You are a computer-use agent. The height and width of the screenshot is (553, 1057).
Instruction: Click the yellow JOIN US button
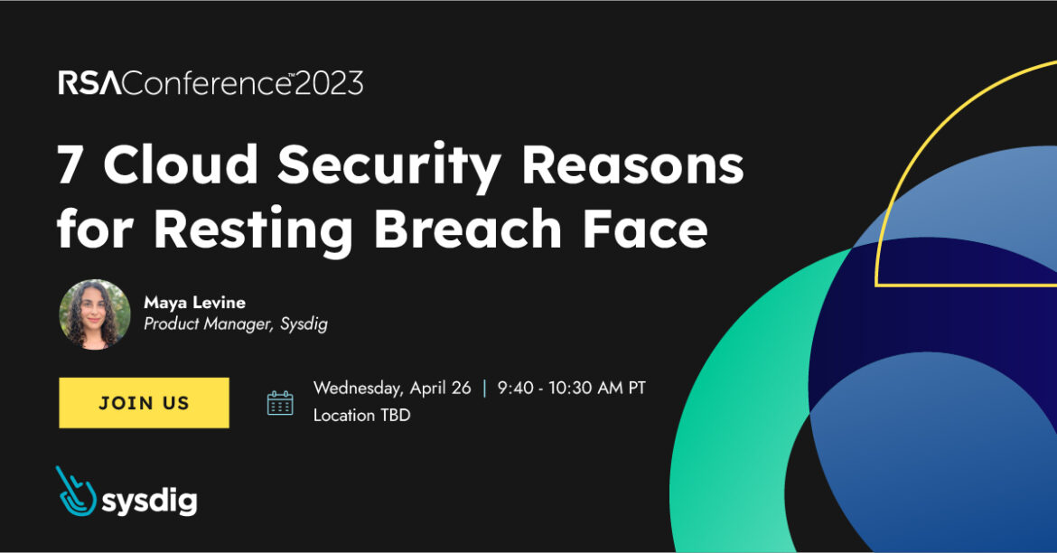point(144,403)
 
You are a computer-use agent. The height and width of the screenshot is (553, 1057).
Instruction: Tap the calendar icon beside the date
point(280,403)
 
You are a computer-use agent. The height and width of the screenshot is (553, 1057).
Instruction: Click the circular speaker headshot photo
point(95,314)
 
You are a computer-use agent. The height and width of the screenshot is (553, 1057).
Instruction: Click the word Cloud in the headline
point(182,166)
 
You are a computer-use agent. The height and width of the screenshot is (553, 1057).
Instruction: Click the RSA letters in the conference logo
point(89,84)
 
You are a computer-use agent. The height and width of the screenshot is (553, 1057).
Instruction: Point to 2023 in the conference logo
point(329,84)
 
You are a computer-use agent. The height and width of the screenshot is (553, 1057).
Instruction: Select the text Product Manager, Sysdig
point(235,324)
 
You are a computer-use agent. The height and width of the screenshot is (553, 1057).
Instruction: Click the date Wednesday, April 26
point(392,389)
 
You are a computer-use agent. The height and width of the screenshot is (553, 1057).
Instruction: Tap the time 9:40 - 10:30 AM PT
point(571,389)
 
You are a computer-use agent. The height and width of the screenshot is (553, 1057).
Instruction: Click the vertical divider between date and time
point(485,389)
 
